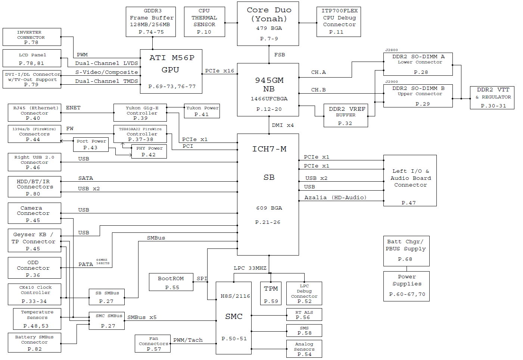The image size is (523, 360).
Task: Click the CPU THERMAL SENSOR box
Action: click(x=204, y=22)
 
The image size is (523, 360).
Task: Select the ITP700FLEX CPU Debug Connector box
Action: click(x=339, y=22)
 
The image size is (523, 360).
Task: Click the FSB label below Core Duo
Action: click(x=280, y=55)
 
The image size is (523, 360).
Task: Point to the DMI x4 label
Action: click(x=283, y=125)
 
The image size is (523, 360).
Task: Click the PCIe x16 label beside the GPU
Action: click(x=220, y=71)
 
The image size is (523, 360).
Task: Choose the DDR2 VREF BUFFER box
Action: click(x=346, y=115)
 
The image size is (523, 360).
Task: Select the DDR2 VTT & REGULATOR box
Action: click(x=492, y=97)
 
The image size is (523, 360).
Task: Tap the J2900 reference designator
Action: click(x=392, y=81)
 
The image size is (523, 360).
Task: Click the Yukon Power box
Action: click(x=202, y=111)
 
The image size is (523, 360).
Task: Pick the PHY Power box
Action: click(x=149, y=151)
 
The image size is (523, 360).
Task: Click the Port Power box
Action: click(x=91, y=144)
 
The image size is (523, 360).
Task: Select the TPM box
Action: click(x=271, y=293)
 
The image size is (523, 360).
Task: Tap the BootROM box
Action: click(x=171, y=282)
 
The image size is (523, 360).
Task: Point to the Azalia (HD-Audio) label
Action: click(x=335, y=198)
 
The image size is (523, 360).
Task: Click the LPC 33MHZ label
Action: click(x=250, y=268)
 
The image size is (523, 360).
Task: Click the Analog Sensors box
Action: click(x=304, y=349)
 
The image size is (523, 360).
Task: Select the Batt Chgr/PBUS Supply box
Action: click(x=406, y=250)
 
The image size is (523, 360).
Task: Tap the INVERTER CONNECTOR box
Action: click(x=31, y=37)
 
